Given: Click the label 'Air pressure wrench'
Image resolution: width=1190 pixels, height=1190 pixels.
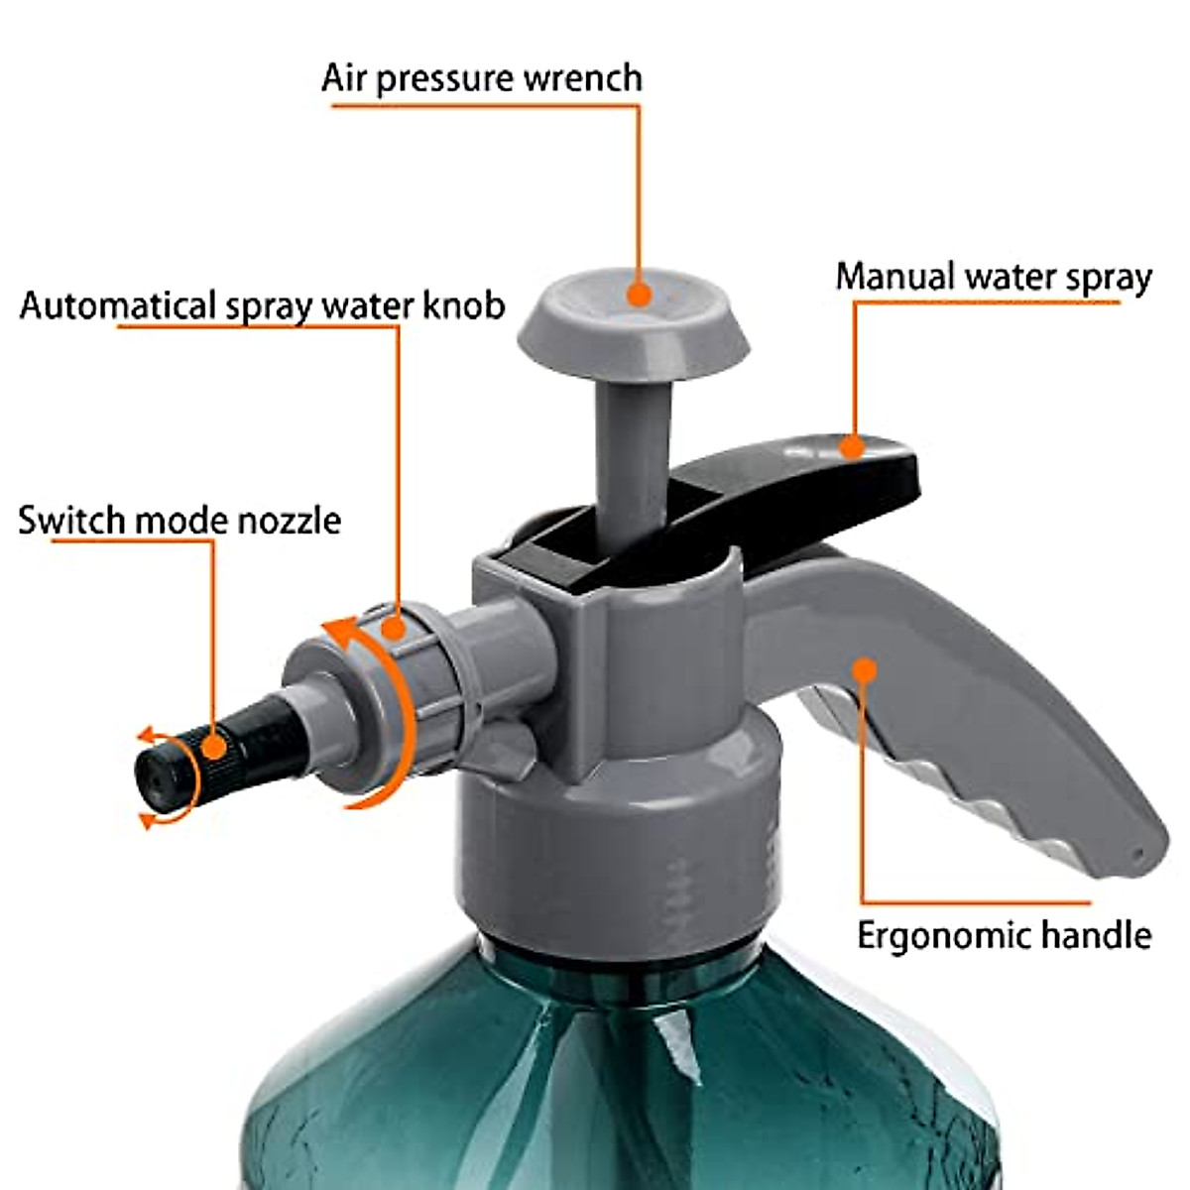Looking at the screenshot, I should pos(482,78).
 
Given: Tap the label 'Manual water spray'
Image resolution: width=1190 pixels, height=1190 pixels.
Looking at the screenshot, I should pos(994,278).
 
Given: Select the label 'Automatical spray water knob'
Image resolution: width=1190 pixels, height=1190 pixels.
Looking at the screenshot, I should pos(262,305).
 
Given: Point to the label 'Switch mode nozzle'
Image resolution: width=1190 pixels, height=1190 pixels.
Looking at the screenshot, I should pos(179,521).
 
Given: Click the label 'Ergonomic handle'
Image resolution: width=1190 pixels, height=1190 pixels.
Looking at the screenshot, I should pos(1004,935).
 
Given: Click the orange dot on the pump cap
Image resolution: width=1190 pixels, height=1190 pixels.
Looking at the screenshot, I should pos(640,294).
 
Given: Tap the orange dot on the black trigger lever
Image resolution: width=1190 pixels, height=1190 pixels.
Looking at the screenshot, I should pos(852,447).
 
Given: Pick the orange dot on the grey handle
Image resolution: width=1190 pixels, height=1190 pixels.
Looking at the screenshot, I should pos(866,670).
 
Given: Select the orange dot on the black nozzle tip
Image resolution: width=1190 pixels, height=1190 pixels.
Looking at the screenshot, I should pos(212,747).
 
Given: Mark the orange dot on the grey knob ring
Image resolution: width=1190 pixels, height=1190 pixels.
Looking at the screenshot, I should pos(394,628).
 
